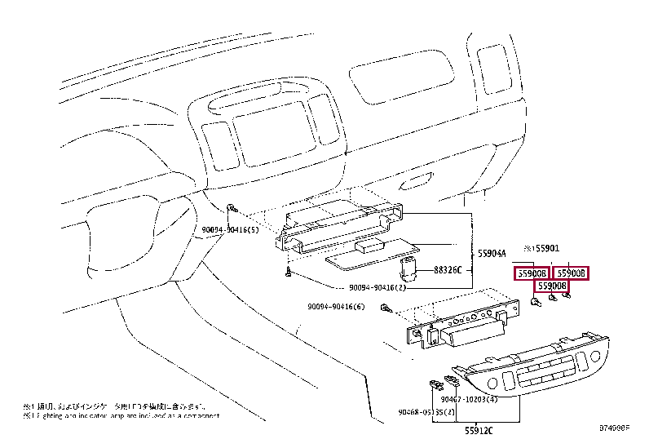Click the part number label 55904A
coord(492,253)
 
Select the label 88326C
coord(447,270)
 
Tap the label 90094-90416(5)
coord(230,230)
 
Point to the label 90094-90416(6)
coord(336,307)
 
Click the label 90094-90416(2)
coord(377,288)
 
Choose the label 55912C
coord(480,429)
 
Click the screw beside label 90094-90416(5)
coord(232,211)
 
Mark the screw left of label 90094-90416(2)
coord(288,273)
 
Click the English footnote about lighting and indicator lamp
coord(122,417)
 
